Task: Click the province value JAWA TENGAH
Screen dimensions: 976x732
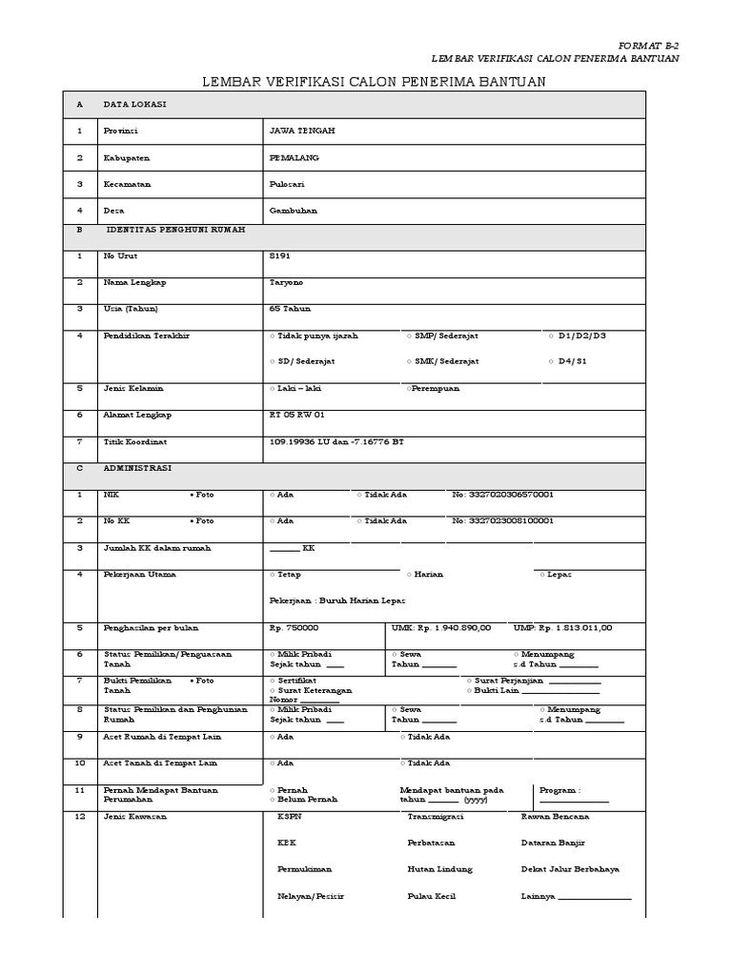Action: pyautogui.click(x=303, y=131)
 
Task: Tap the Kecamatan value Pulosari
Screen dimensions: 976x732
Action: pyautogui.click(x=289, y=184)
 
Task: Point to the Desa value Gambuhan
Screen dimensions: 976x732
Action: pyautogui.click(x=294, y=211)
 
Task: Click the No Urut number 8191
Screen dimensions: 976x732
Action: pyautogui.click(x=281, y=256)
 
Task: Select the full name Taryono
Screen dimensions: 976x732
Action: pyautogui.click(x=289, y=283)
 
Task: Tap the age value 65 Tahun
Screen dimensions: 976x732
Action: pyautogui.click(x=291, y=309)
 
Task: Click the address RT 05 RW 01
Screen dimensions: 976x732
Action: pyautogui.click(x=298, y=416)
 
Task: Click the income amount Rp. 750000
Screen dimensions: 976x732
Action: pyautogui.click(x=295, y=628)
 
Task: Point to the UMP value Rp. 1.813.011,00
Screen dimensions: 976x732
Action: pyautogui.click(x=577, y=628)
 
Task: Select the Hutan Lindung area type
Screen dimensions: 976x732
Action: pyautogui.click(x=439, y=870)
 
